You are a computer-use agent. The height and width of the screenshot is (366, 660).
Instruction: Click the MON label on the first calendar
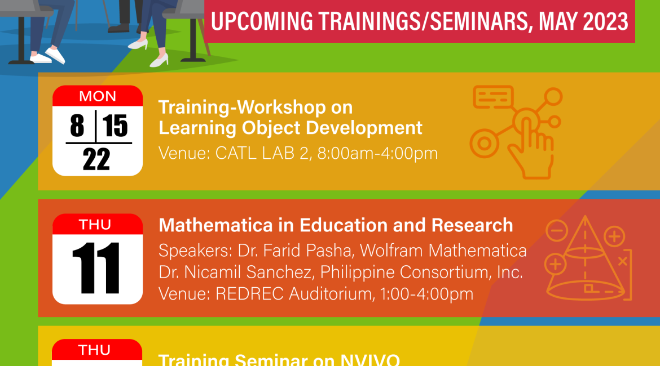[98, 96]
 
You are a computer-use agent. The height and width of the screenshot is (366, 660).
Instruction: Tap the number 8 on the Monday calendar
[77, 125]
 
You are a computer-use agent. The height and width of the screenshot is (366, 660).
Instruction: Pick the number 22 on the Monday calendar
[96, 159]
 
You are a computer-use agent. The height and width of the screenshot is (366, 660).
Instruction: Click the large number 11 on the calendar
[96, 268]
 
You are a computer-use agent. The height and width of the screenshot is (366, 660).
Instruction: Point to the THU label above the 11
[95, 225]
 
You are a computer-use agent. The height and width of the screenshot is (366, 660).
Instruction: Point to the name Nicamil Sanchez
[248, 272]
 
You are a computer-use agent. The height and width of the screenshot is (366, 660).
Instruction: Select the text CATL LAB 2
[262, 153]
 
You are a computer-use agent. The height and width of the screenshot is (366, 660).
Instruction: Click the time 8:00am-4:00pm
[377, 153]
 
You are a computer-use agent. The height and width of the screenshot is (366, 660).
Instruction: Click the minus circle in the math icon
[557, 231]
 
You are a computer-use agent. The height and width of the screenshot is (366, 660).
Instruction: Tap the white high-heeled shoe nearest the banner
[160, 60]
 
